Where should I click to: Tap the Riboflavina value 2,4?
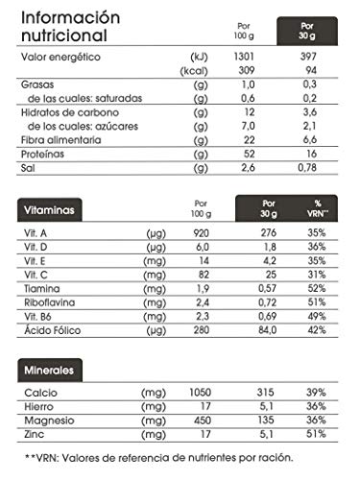[201, 303]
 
